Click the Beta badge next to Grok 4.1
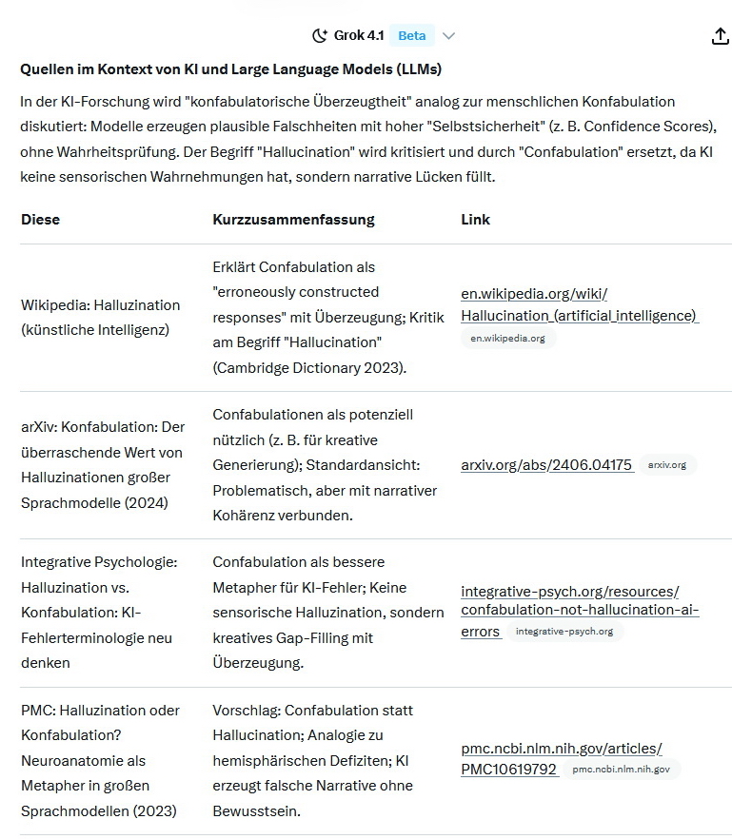click(x=411, y=36)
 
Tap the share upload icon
click(x=721, y=36)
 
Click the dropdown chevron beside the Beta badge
click(x=449, y=36)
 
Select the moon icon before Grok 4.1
click(x=320, y=36)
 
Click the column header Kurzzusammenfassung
click(x=293, y=220)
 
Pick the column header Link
click(x=475, y=220)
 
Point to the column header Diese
click(x=40, y=220)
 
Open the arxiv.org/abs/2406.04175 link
click(x=546, y=465)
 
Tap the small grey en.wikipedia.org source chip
click(x=507, y=338)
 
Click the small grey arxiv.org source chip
click(x=666, y=465)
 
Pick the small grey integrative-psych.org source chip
click(x=564, y=632)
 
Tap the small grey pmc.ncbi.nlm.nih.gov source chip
click(x=621, y=770)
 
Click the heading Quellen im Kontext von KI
click(x=230, y=69)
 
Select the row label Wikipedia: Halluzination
click(x=100, y=304)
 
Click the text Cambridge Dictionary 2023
click(x=310, y=366)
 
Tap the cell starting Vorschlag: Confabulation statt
click(x=312, y=711)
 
